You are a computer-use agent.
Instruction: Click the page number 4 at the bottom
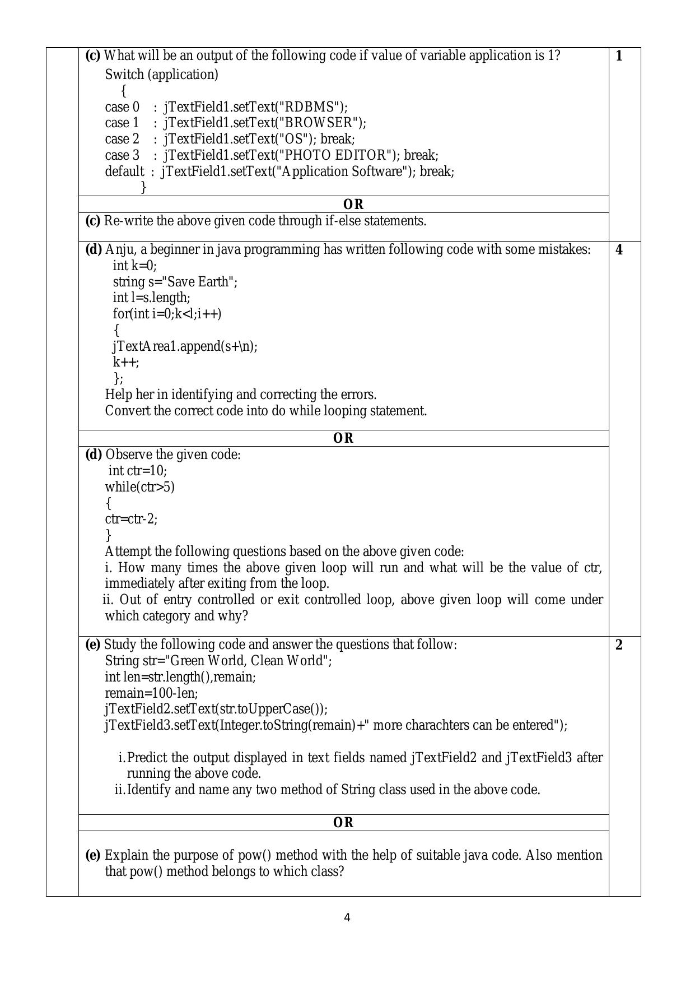point(347,917)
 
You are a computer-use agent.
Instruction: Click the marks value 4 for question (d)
point(619,250)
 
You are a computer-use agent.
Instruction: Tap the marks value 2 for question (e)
point(619,645)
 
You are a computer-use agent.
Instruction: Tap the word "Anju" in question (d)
point(118,249)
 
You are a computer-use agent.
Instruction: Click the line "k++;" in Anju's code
point(126,362)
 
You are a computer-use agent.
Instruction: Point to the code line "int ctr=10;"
point(138,471)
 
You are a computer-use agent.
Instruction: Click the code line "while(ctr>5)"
point(140,487)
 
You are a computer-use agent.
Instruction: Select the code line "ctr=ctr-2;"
point(131,519)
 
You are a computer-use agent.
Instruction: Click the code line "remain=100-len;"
point(151,693)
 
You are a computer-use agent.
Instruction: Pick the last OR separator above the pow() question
point(343,823)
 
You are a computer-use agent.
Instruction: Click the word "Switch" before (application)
point(124,75)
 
